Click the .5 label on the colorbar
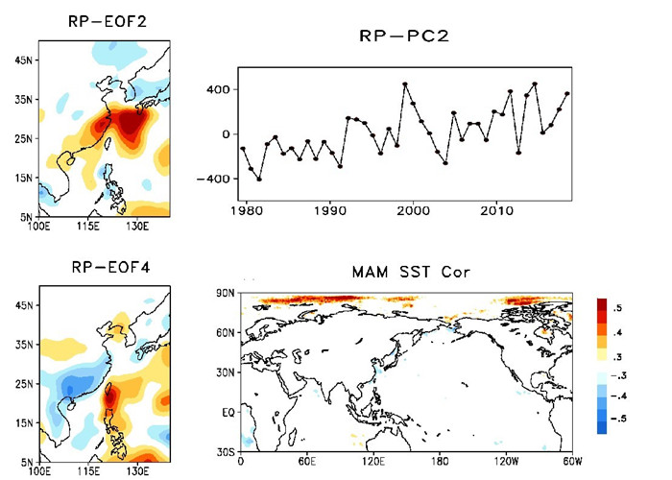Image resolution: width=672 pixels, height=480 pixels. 619,307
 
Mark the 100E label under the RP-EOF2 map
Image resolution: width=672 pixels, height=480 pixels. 39,227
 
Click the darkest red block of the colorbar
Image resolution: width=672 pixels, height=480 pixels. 602,307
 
